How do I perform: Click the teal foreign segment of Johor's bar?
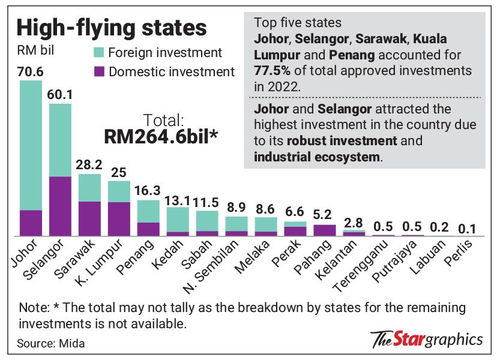click(31, 144)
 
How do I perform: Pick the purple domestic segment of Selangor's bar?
click(60, 205)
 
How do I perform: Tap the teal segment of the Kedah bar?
click(178, 219)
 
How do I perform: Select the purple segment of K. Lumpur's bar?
click(119, 218)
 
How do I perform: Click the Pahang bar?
click(325, 229)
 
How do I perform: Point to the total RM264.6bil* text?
click(161, 136)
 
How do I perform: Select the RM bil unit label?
click(35, 50)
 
